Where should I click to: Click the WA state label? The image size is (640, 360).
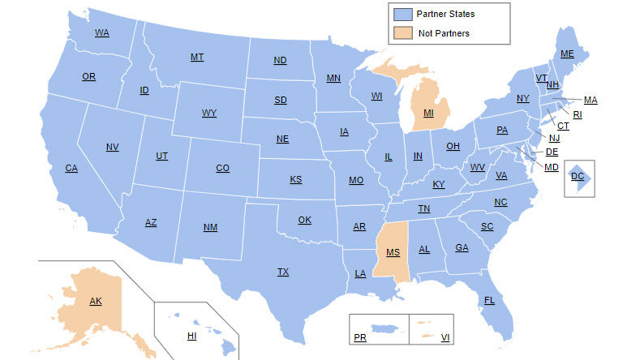click(x=101, y=33)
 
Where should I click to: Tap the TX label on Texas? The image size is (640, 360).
click(x=283, y=272)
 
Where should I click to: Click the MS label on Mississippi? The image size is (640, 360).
click(x=393, y=253)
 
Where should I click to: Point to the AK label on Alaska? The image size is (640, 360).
click(x=96, y=302)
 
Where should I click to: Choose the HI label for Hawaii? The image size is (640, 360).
click(x=192, y=336)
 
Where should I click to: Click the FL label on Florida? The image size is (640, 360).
click(x=489, y=301)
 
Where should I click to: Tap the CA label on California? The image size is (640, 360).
click(x=71, y=169)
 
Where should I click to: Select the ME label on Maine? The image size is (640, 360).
click(x=567, y=54)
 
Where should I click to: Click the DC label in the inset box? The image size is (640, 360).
click(x=577, y=176)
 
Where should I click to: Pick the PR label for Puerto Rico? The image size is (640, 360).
click(x=360, y=337)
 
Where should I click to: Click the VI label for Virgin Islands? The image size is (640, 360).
click(x=445, y=337)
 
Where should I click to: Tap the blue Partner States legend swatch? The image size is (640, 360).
click(x=402, y=15)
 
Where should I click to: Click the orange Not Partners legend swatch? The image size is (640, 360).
click(x=402, y=33)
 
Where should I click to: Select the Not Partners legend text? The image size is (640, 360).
click(x=444, y=33)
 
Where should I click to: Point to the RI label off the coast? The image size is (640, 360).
click(x=578, y=114)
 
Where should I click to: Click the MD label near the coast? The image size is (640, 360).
click(x=551, y=167)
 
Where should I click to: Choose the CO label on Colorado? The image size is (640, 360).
click(x=222, y=169)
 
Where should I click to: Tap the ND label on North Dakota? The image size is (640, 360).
click(x=280, y=61)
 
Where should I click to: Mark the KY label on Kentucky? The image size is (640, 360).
click(x=439, y=185)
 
